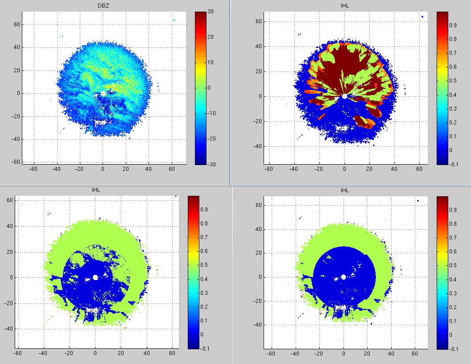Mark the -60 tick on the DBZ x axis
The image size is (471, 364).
click(x=33, y=169)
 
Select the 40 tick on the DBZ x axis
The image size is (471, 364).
click(x=149, y=169)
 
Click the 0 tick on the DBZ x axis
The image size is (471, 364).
click(x=103, y=169)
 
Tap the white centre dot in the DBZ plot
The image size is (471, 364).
click(x=103, y=93)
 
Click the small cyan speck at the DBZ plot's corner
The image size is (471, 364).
click(x=174, y=20)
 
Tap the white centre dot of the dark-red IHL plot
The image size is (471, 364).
click(x=344, y=96)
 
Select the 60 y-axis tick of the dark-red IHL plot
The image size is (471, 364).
click(x=258, y=21)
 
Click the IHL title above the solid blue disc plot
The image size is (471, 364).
click(x=345, y=190)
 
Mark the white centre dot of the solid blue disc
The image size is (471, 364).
click(x=343, y=277)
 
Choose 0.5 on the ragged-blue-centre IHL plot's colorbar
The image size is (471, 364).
click(x=203, y=265)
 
